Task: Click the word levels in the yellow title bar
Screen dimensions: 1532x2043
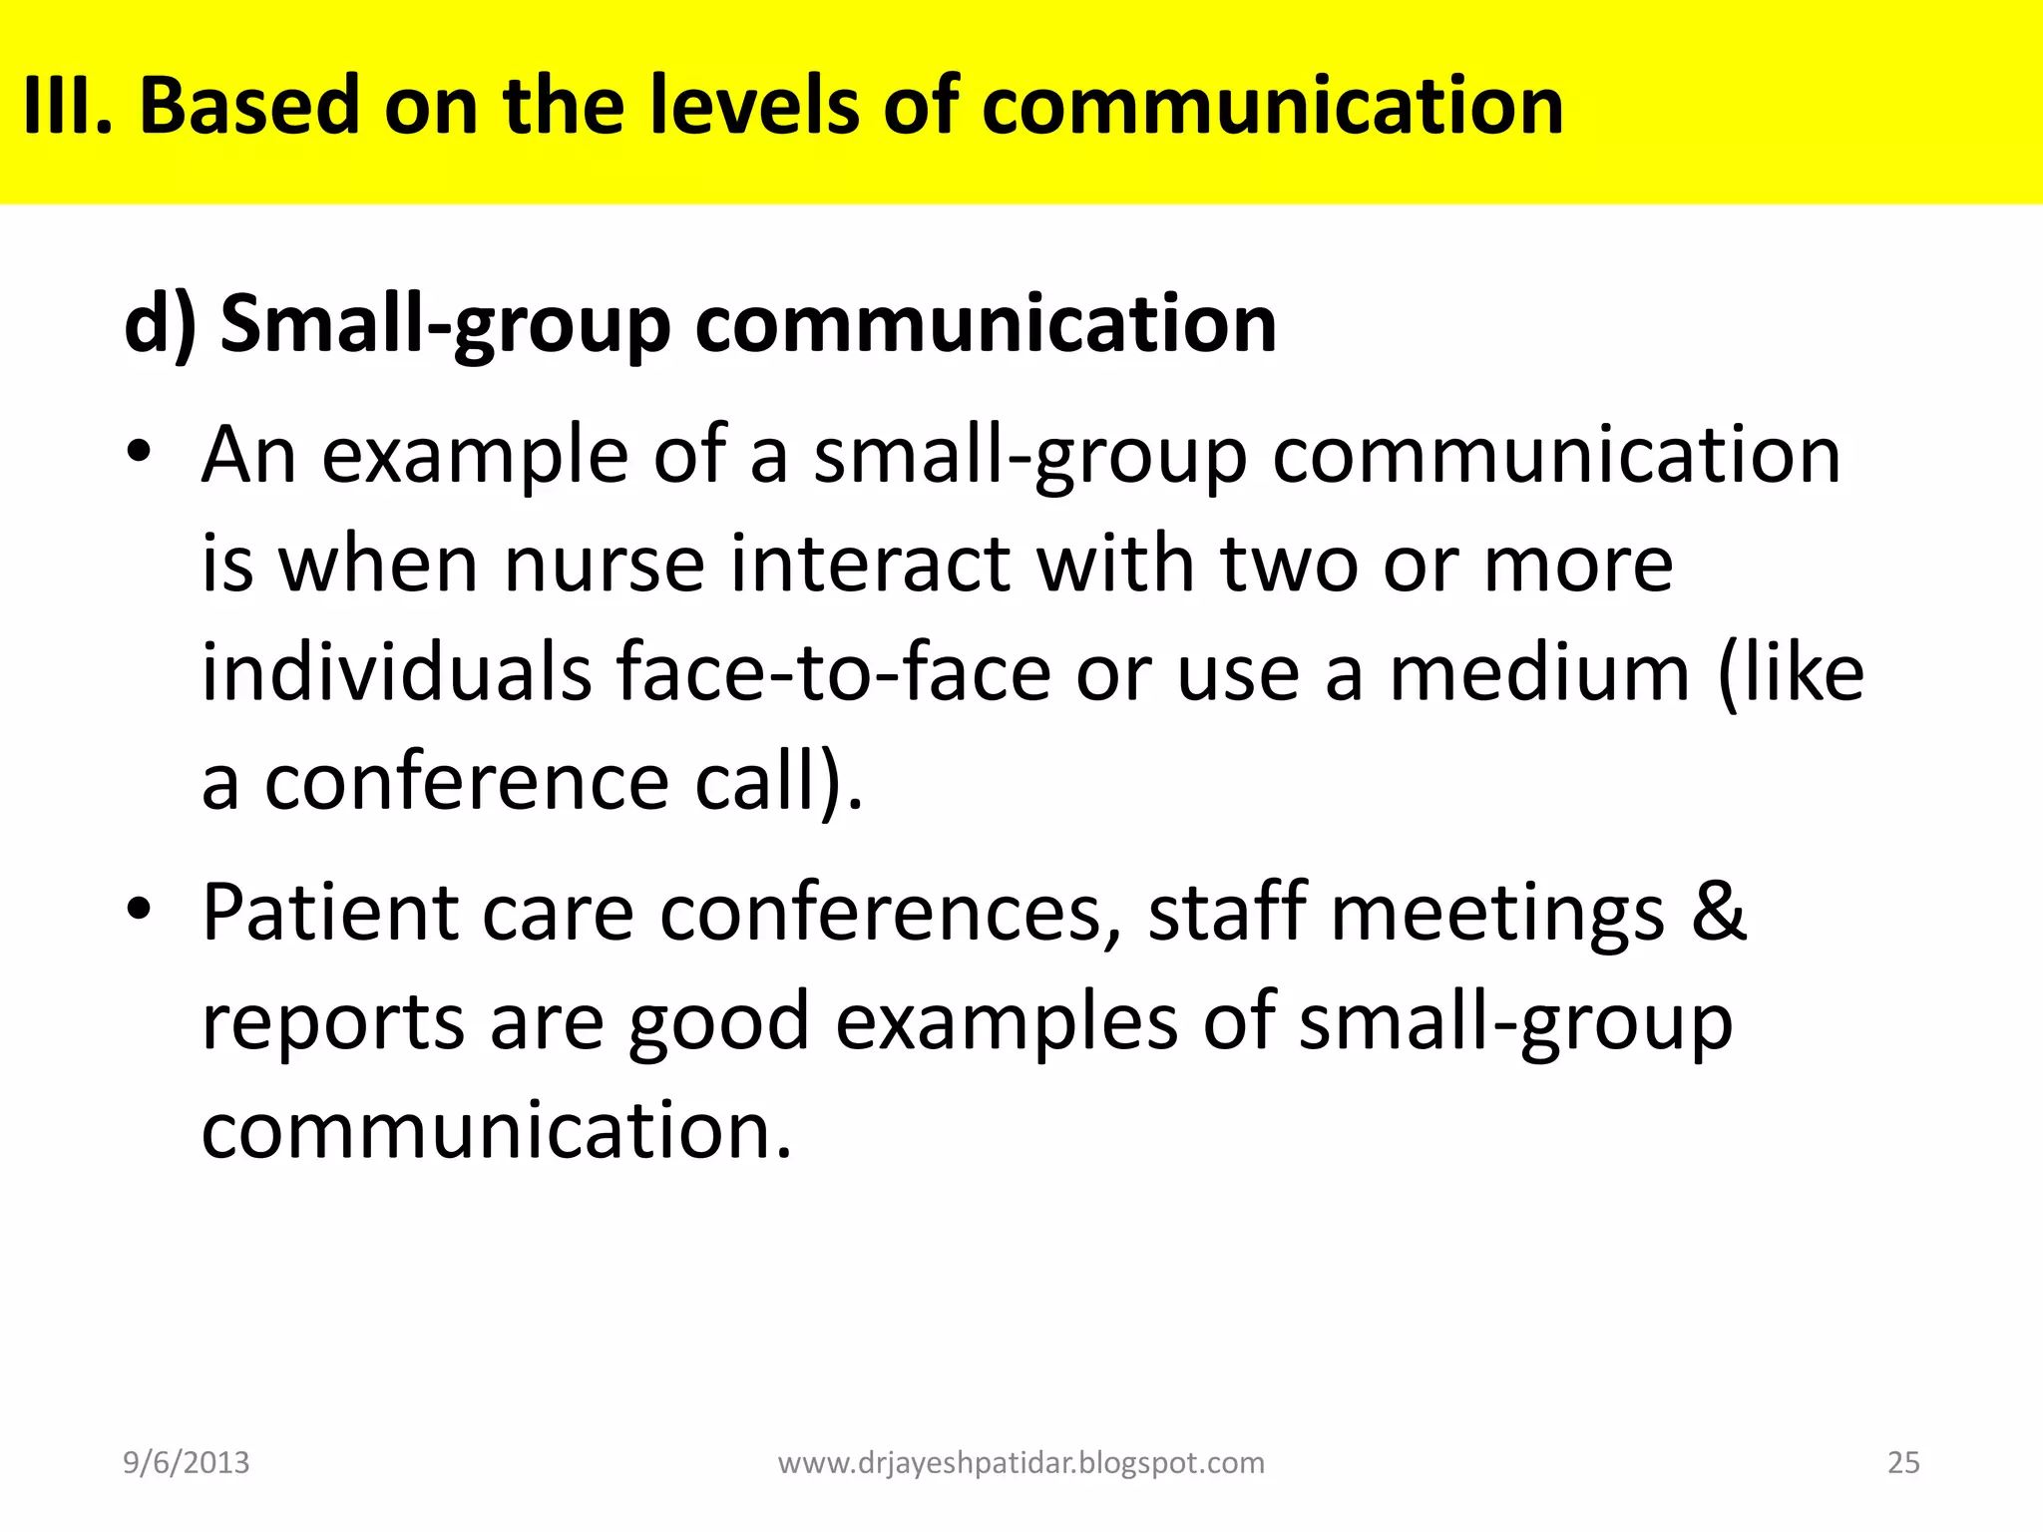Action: pos(753,106)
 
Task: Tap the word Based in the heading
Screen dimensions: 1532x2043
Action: pos(249,106)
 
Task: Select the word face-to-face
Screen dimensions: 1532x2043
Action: pos(834,672)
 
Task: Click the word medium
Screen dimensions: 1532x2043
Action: pos(1539,672)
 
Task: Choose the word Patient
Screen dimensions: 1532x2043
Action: pos(330,913)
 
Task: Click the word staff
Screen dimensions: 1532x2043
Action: pos(1227,913)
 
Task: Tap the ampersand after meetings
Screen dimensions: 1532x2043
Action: pos(1718,913)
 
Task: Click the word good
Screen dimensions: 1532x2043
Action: pos(718,1022)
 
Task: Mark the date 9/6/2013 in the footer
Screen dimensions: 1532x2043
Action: pos(187,1462)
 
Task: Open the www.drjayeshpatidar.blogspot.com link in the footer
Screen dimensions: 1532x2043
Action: pos(1021,1462)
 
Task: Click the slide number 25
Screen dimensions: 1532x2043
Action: pos(1903,1462)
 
